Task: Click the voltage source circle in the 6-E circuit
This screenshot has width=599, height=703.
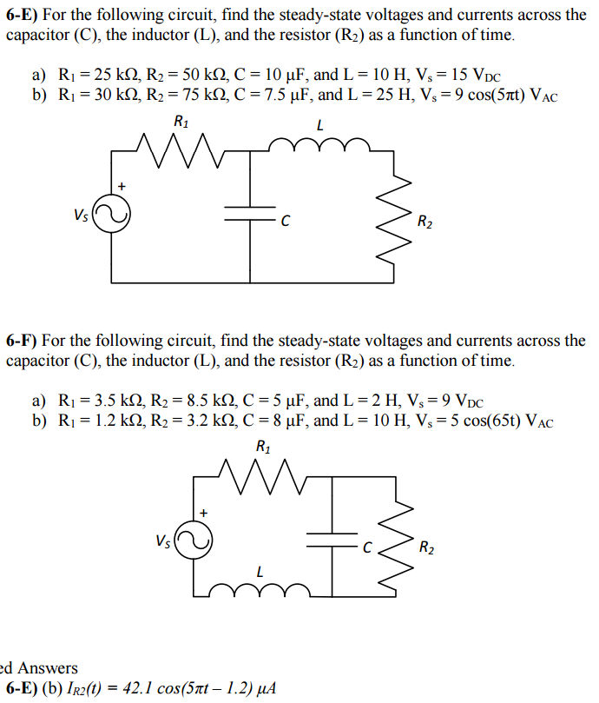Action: coord(112,215)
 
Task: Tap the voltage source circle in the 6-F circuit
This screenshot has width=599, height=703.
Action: coord(192,541)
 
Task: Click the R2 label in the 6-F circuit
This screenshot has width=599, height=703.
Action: coord(427,548)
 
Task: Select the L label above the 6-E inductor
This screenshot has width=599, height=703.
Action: coord(319,125)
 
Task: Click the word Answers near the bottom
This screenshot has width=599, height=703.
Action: coord(48,668)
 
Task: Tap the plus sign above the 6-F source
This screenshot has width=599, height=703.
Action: coord(204,513)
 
